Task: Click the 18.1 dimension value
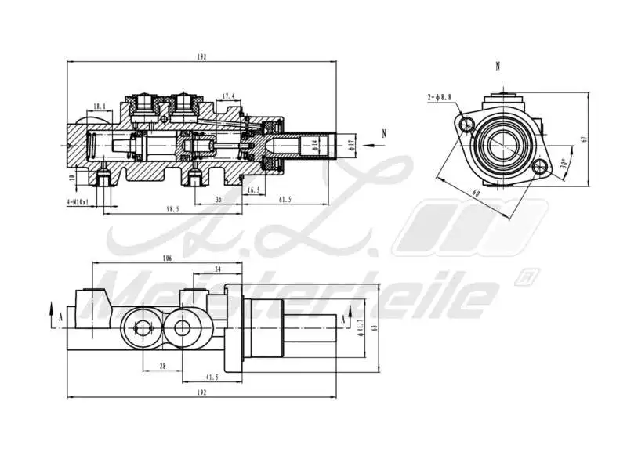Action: [99, 107]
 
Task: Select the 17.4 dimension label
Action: [228, 96]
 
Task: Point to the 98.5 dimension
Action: [172, 209]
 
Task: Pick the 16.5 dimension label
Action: [253, 190]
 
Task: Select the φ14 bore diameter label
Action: [315, 143]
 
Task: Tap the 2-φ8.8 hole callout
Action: [440, 97]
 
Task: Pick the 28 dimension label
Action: [162, 366]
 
